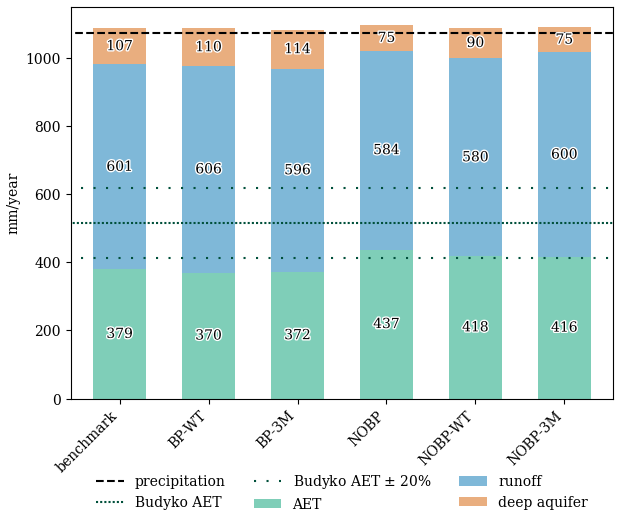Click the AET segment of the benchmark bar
(x=119, y=334)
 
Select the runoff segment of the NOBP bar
(x=386, y=150)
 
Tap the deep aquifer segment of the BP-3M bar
(x=297, y=50)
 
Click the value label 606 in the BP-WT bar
(x=208, y=168)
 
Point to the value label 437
(x=386, y=323)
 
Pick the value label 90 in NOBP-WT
(x=475, y=42)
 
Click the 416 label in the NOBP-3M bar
(x=564, y=327)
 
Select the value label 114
(x=297, y=48)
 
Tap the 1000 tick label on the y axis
(x=43, y=59)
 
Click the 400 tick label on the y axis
(x=48, y=263)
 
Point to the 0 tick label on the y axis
(x=57, y=399)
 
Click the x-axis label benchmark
(x=87, y=441)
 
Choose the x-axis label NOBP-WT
(x=446, y=438)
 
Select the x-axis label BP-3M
(x=275, y=429)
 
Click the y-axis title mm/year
(x=13, y=204)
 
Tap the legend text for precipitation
(x=180, y=481)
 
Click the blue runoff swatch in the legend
(x=473, y=481)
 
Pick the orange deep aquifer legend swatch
(x=473, y=501)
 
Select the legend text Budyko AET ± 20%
(x=362, y=481)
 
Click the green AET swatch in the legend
(x=267, y=503)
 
